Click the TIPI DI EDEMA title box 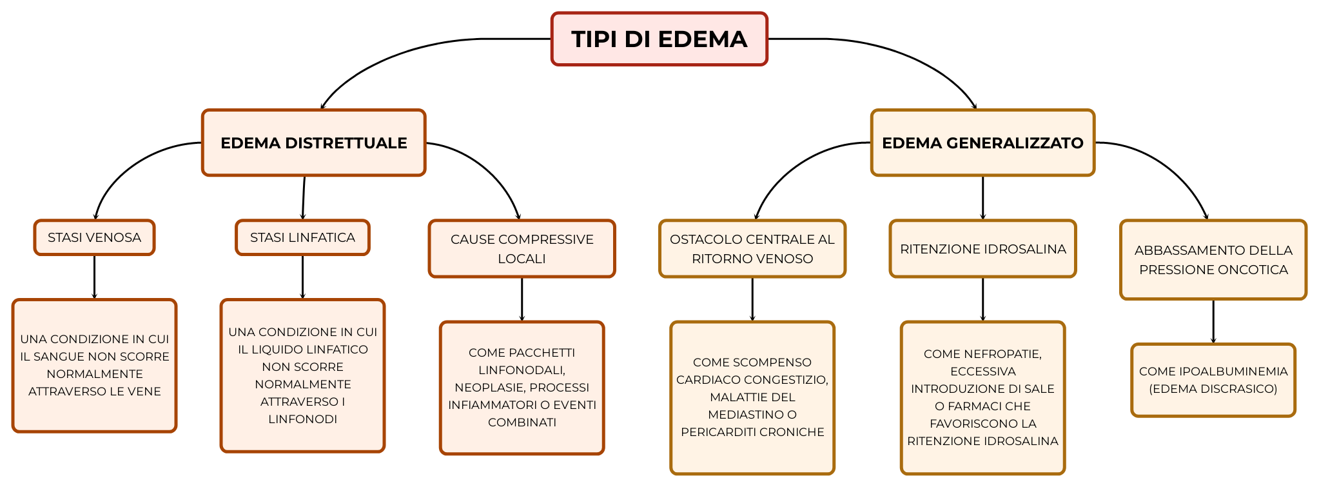pyautogui.click(x=659, y=39)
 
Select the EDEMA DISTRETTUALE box pyautogui.click(x=313, y=143)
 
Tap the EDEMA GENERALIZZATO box pyautogui.click(x=982, y=143)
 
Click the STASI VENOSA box pyautogui.click(x=94, y=237)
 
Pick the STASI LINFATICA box pyautogui.click(x=302, y=237)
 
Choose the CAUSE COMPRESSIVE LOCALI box pyautogui.click(x=522, y=248)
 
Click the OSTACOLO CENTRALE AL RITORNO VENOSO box pyautogui.click(x=752, y=248)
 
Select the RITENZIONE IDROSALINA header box pyautogui.click(x=982, y=249)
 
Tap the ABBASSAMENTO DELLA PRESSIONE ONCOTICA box pyautogui.click(x=1213, y=259)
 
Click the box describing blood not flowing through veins pyautogui.click(x=94, y=365)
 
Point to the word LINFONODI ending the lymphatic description pyautogui.click(x=302, y=419)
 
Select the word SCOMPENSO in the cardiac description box pyautogui.click(x=771, y=363)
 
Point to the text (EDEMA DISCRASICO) pyautogui.click(x=1213, y=389)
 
